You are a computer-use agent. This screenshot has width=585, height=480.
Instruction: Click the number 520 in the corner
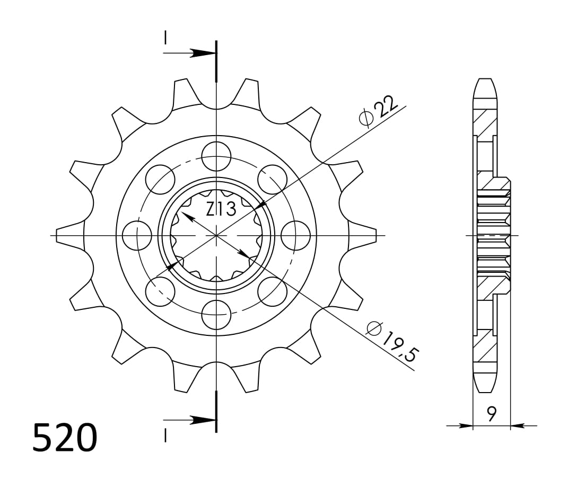tap(65, 438)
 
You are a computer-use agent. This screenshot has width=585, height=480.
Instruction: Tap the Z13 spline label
tap(221, 210)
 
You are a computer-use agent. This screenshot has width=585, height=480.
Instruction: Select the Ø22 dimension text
tap(378, 113)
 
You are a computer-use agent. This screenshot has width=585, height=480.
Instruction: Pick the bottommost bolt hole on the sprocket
tap(216, 314)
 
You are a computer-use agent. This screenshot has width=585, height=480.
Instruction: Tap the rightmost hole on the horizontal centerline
tap(295, 235)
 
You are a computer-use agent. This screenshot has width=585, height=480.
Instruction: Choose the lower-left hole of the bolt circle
tap(160, 291)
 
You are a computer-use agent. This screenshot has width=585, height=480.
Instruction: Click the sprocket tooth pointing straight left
tap(69, 235)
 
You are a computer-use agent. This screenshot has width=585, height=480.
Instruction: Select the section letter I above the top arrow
tap(166, 38)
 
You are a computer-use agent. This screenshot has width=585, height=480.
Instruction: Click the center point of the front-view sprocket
tap(216, 235)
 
